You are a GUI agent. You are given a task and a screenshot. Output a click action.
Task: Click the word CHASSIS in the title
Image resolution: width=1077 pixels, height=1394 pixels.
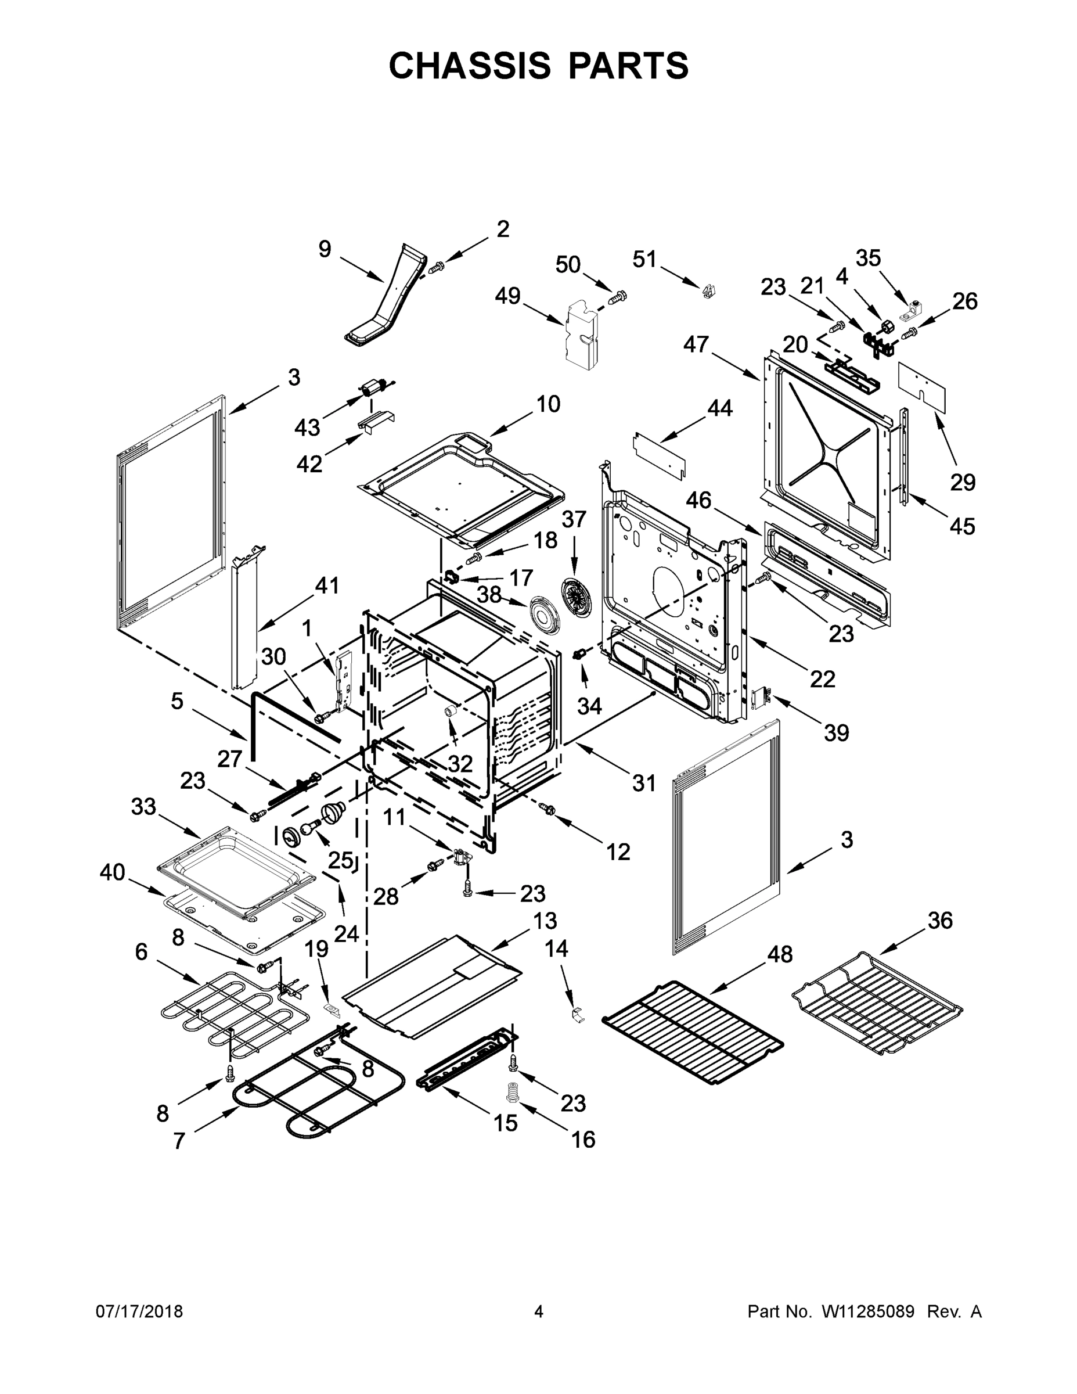[470, 65]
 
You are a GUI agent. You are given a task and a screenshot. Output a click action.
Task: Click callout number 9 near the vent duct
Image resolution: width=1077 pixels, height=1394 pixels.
[325, 249]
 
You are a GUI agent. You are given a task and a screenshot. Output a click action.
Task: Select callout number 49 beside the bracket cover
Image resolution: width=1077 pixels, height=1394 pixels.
[508, 296]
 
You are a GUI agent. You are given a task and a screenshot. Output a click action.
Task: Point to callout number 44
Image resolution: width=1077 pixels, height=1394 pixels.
[720, 408]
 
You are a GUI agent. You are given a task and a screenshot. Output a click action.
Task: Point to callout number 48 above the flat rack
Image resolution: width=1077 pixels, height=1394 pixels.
[779, 954]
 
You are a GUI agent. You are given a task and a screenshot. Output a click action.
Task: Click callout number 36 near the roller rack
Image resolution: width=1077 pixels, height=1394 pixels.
[940, 921]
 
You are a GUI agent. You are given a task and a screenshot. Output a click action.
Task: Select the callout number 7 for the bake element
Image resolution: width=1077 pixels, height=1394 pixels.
[179, 1141]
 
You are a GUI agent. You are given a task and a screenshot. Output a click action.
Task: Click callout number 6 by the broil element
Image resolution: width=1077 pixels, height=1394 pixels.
[142, 951]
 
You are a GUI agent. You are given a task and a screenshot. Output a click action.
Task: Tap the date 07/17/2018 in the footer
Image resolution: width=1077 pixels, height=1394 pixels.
[139, 1312]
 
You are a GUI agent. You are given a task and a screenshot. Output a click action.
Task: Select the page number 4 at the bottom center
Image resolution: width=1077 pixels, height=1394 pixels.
[539, 1312]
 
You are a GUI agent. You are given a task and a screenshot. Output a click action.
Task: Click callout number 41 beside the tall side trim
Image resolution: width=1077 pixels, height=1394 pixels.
[327, 585]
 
